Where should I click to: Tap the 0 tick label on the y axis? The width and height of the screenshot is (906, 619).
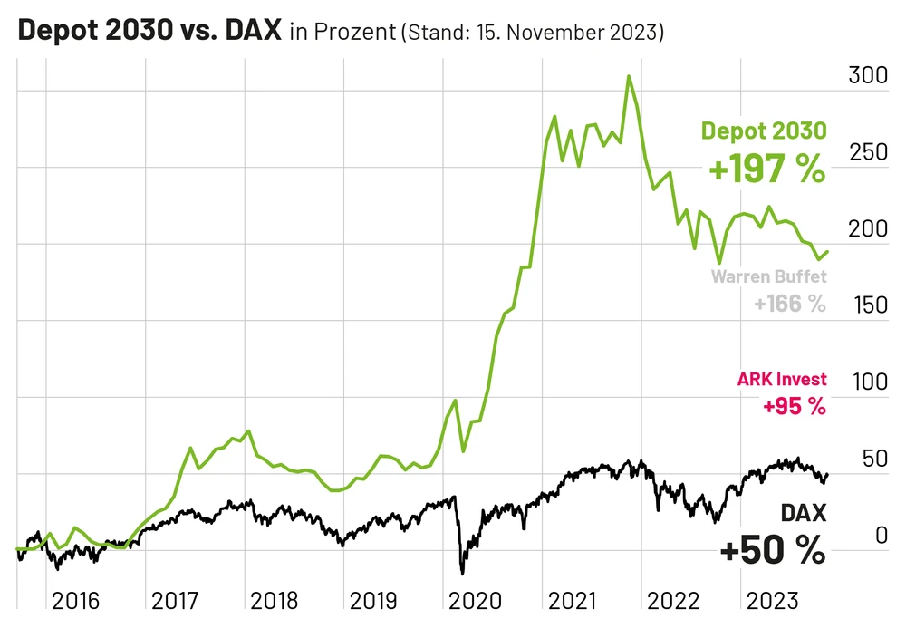tap(879, 535)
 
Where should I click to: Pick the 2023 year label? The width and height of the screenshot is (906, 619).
tap(771, 601)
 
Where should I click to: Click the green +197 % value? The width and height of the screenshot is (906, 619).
tap(767, 169)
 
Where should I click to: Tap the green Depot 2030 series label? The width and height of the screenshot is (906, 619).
tap(764, 131)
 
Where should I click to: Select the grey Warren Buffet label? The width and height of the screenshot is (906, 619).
tap(768, 276)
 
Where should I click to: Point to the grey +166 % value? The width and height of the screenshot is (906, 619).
tap(789, 304)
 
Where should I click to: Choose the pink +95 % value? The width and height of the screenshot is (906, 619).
tap(795, 406)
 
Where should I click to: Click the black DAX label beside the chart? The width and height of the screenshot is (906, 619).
tap(804, 514)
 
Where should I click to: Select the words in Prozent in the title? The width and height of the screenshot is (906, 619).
tap(342, 34)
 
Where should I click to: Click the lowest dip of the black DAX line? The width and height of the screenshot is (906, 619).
tap(462, 573)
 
